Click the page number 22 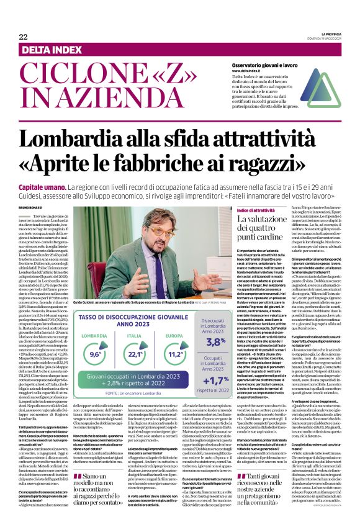pyautogui.click(x=23, y=37)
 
